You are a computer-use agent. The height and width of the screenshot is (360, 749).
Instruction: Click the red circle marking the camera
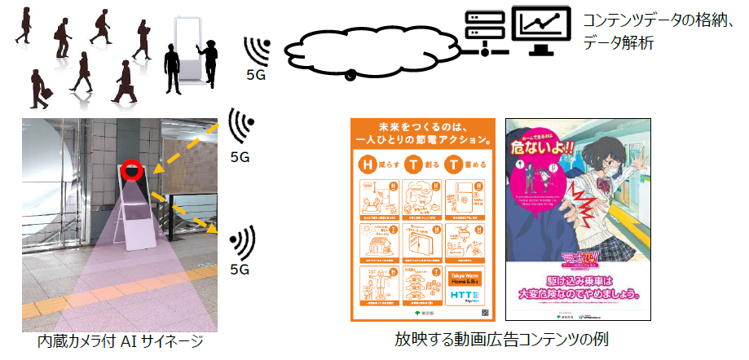pyautogui.click(x=131, y=170)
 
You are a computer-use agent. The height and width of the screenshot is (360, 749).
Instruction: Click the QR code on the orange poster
pyautogui.click(x=484, y=311)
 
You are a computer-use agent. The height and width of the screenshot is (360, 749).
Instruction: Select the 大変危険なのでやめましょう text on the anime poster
pyautogui.click(x=583, y=291)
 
